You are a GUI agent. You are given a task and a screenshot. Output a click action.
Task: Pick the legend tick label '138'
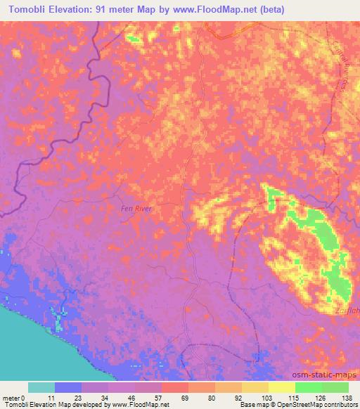348,398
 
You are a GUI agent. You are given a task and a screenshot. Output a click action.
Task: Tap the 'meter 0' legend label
13,398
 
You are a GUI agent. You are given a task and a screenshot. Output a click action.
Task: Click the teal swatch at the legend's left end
41,387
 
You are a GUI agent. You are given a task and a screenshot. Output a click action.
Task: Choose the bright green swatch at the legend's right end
335,387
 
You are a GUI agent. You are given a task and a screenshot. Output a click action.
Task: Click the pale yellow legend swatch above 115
281,387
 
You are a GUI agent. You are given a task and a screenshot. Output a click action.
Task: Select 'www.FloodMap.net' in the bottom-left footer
136,405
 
